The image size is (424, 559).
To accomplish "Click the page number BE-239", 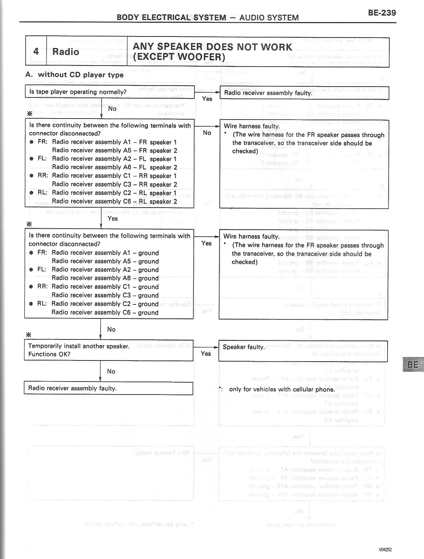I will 382,13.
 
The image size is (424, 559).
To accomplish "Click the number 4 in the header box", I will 36,52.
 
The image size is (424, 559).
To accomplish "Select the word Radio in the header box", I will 66,52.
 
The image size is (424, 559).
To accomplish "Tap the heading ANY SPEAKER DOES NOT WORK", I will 212,47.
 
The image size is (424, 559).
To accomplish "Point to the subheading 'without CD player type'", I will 81,75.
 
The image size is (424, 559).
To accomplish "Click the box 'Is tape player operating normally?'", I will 109,92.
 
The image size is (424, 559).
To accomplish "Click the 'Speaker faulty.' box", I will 303,350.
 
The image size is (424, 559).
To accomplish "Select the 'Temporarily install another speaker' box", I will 109,350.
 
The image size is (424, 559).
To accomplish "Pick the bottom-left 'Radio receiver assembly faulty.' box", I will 109,388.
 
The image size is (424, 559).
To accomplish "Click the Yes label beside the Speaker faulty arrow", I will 206,353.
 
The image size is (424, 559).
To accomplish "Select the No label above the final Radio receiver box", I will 111,371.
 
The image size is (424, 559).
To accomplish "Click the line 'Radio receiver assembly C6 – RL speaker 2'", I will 115,201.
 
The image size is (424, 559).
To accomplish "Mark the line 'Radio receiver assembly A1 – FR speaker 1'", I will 114,142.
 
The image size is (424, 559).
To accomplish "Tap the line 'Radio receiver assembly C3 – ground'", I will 105,295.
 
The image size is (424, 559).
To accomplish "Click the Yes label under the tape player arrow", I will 207,99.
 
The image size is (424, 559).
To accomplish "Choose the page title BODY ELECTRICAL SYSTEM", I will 171,18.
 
